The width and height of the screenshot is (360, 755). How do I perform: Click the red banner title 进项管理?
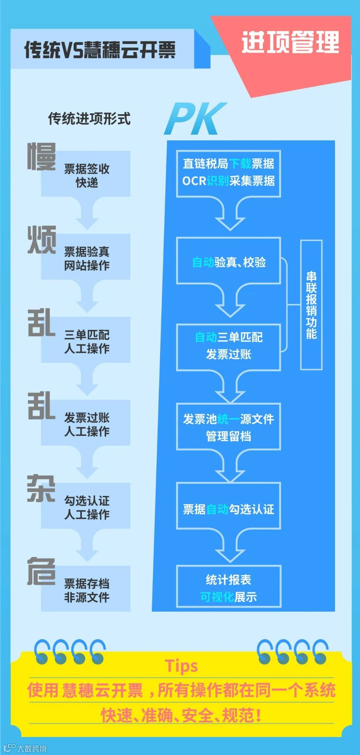(290, 43)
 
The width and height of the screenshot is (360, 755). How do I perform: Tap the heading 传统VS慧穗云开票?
(100, 50)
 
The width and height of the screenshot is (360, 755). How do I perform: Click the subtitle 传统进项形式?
(89, 119)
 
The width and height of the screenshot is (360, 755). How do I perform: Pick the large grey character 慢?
(41, 157)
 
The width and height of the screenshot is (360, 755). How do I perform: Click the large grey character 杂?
(41, 489)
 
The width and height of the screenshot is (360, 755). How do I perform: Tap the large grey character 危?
(41, 571)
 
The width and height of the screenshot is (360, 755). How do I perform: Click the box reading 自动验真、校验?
(229, 262)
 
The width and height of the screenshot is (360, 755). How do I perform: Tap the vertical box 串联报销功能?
(311, 305)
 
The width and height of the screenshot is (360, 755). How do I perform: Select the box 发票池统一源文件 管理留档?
(229, 427)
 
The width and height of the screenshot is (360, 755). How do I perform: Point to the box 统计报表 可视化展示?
(229, 588)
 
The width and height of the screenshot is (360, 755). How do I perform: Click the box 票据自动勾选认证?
(229, 509)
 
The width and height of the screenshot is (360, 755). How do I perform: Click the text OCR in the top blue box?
(194, 181)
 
